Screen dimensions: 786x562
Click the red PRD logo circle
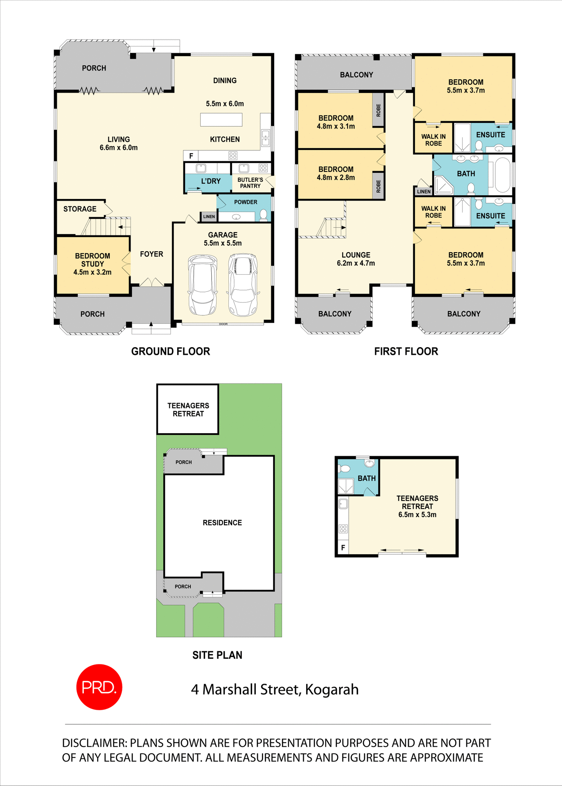point(99,687)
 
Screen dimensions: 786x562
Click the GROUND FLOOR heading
point(170,351)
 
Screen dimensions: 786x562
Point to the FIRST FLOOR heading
point(406,351)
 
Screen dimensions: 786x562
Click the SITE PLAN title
point(217,655)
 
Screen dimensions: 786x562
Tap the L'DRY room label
point(211,181)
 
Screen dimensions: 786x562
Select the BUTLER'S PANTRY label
point(250,183)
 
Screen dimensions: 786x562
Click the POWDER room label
point(246,202)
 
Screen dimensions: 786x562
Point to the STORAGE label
point(80,209)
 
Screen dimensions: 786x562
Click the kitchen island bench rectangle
point(221,120)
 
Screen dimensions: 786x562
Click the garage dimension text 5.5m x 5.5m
point(223,243)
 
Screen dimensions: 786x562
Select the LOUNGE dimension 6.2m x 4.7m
point(356,263)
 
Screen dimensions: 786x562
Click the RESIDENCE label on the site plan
point(222,523)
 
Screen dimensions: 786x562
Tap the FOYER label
point(151,254)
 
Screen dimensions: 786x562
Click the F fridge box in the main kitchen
point(191,156)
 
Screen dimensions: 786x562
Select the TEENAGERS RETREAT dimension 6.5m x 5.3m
point(417,515)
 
